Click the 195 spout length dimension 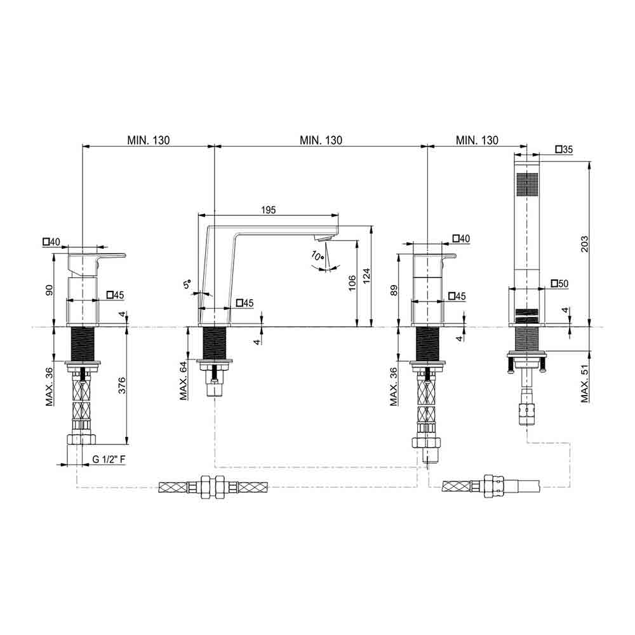pos(268,210)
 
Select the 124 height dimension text pos(366,276)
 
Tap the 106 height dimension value pos(352,283)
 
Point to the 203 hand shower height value pos(584,244)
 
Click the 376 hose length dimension pos(121,385)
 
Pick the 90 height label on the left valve pos(49,290)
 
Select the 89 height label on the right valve pos(394,290)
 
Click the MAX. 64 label pos(184,380)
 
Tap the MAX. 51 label pos(584,383)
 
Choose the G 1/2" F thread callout pos(109,459)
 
